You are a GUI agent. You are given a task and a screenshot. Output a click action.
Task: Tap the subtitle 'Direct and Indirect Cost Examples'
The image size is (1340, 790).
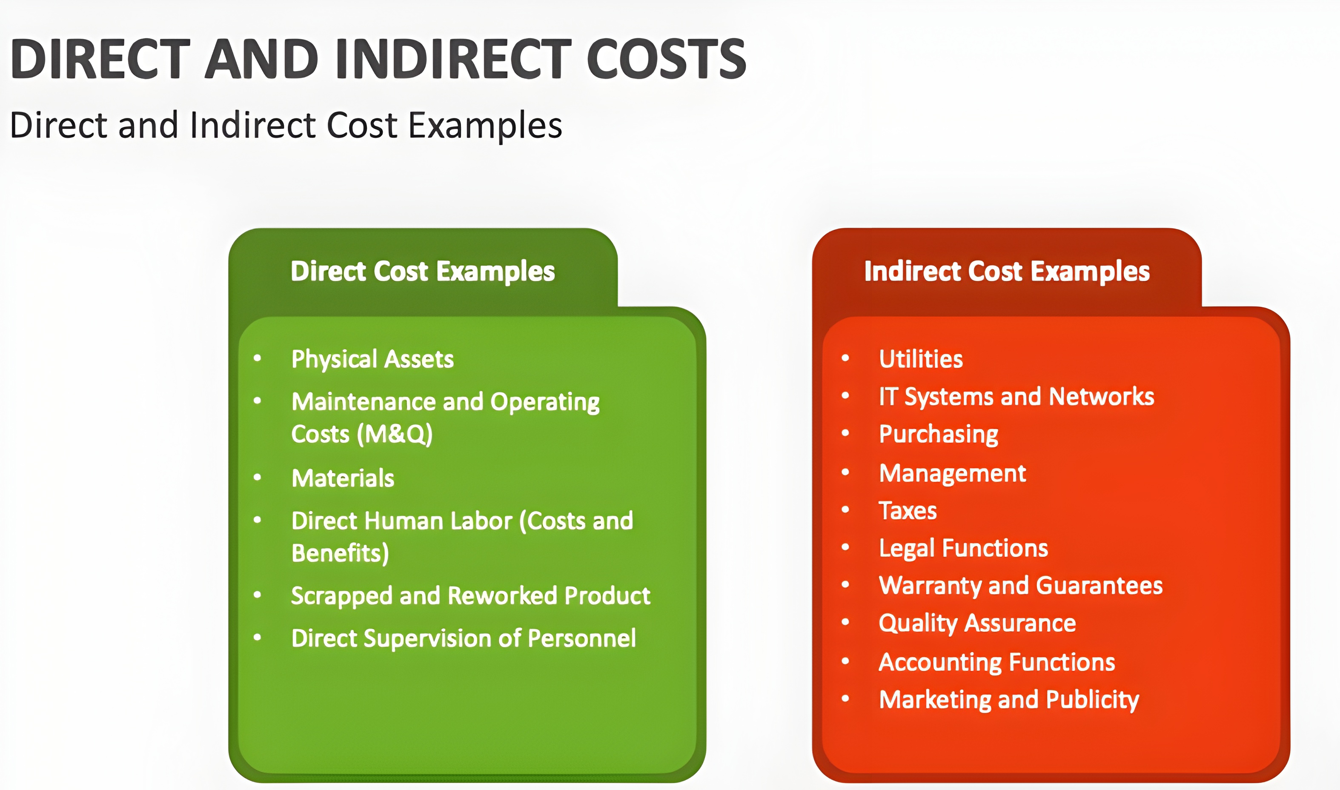[x=286, y=126]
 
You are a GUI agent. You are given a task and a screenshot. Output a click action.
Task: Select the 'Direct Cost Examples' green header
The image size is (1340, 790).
[x=423, y=272]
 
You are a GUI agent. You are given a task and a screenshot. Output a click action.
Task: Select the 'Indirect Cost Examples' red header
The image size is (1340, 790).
[x=1007, y=272]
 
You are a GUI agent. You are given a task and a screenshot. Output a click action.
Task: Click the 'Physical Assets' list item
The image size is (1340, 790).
[x=372, y=359]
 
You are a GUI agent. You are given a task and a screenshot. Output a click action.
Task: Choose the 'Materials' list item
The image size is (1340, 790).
[x=343, y=478]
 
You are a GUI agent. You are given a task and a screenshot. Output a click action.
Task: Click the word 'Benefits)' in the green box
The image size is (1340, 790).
[x=340, y=553]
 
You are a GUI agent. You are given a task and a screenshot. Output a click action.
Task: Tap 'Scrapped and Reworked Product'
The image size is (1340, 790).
[x=471, y=596]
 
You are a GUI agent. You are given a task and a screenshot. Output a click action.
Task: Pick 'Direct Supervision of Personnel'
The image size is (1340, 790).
[x=464, y=639]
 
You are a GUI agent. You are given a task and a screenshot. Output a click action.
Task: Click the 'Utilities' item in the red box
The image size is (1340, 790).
[x=921, y=359]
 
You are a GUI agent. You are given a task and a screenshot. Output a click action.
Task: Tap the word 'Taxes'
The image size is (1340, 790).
[x=908, y=510]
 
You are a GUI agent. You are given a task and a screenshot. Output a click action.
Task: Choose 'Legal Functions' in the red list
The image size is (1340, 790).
[x=964, y=548]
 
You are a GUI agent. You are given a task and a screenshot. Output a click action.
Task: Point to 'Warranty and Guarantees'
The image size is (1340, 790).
[x=1021, y=586]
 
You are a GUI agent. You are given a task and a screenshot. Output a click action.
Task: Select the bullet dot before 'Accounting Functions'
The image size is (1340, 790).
[x=845, y=661]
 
